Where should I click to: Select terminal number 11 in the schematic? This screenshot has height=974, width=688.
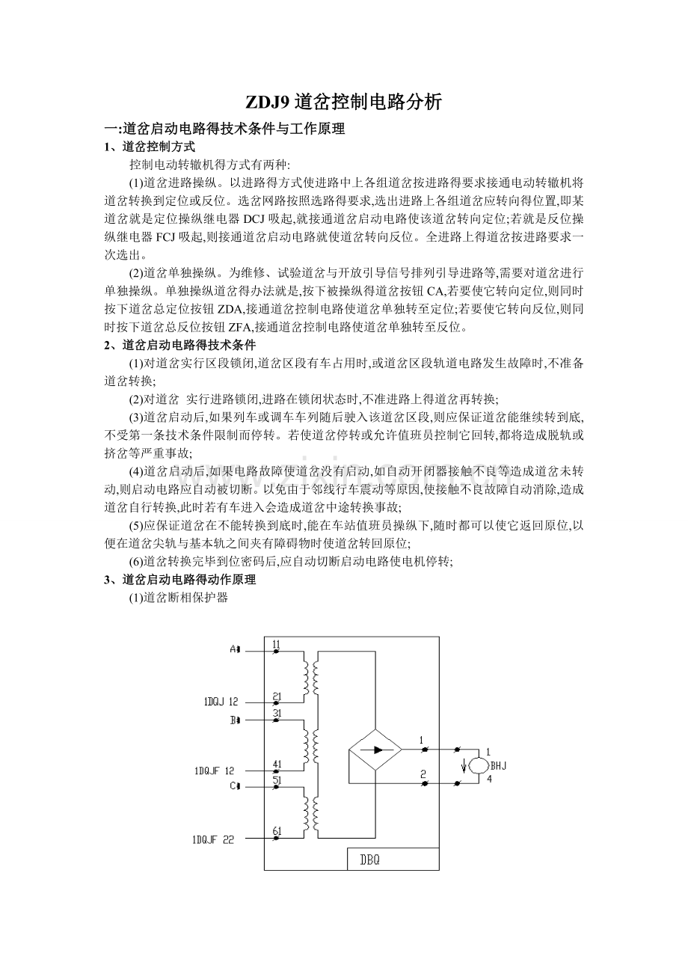click(277, 644)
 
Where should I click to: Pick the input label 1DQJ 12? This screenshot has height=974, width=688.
click(221, 702)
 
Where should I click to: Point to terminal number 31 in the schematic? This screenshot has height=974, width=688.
click(277, 713)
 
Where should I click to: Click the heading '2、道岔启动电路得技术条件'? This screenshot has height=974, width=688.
click(179, 345)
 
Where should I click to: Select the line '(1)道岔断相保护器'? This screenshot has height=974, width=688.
click(178, 598)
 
